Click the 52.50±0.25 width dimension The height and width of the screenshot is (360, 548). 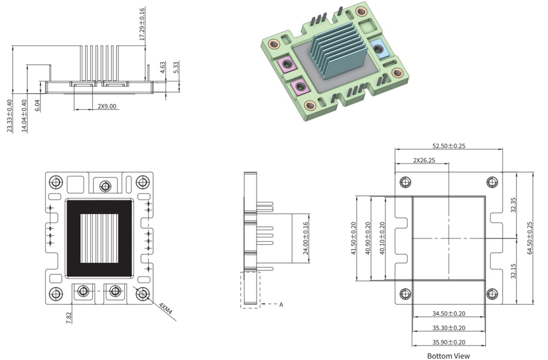click(x=448, y=146)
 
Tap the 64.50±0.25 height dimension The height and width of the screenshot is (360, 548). click(x=530, y=238)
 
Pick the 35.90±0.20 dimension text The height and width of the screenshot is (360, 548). click(x=448, y=342)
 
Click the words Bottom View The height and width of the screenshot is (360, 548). click(x=448, y=355)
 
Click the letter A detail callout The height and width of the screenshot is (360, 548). click(x=281, y=304)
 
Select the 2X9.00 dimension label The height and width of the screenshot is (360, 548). click(x=107, y=106)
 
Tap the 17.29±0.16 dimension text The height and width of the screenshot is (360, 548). click(x=142, y=23)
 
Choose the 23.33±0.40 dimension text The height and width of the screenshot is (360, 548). click(x=10, y=116)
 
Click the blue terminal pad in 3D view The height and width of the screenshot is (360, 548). click(x=378, y=47)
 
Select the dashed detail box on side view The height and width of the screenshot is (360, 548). click(x=250, y=290)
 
